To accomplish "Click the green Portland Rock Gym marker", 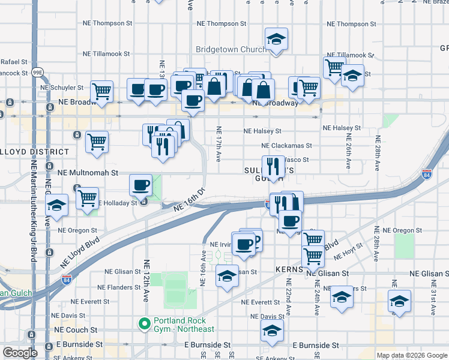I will click(144, 324).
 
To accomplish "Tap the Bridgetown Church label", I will click(231, 49).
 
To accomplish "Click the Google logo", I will click(20, 353).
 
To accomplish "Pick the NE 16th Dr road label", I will click(189, 200).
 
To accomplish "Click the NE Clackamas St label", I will click(286, 145).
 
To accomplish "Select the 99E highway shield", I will click(38, 72).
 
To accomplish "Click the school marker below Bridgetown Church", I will click(276, 40).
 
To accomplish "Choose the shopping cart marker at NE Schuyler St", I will click(102, 92).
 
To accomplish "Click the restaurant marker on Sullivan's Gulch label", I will click(273, 166).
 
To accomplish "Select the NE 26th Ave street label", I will click(348, 151).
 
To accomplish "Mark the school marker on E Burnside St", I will click(272, 331).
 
